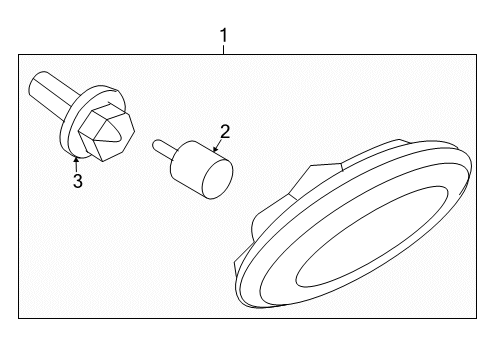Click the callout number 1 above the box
pos(224,37)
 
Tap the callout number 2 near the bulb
pos(225,131)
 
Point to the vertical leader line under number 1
pos(224,50)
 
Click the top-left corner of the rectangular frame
pos(19,56)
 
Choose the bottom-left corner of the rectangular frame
pos(19,318)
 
